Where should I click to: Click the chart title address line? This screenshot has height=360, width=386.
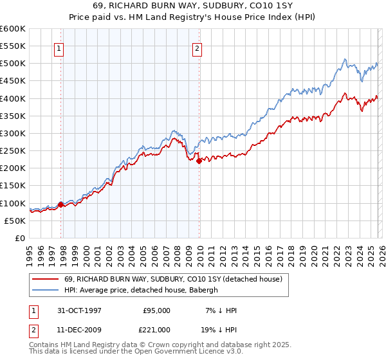193,7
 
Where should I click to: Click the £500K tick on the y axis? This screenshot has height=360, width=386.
13,64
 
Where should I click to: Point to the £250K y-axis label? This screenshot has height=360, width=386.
13,151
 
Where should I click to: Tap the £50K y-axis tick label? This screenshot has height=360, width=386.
15,221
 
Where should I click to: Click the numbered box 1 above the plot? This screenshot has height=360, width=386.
59,48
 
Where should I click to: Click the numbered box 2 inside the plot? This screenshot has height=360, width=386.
196,48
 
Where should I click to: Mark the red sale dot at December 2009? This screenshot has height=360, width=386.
199,161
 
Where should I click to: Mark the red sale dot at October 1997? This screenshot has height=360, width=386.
61,205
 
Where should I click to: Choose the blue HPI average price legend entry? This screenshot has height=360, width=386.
142,291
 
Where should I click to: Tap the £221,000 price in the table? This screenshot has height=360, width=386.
156,329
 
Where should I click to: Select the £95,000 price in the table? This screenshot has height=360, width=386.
156,310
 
